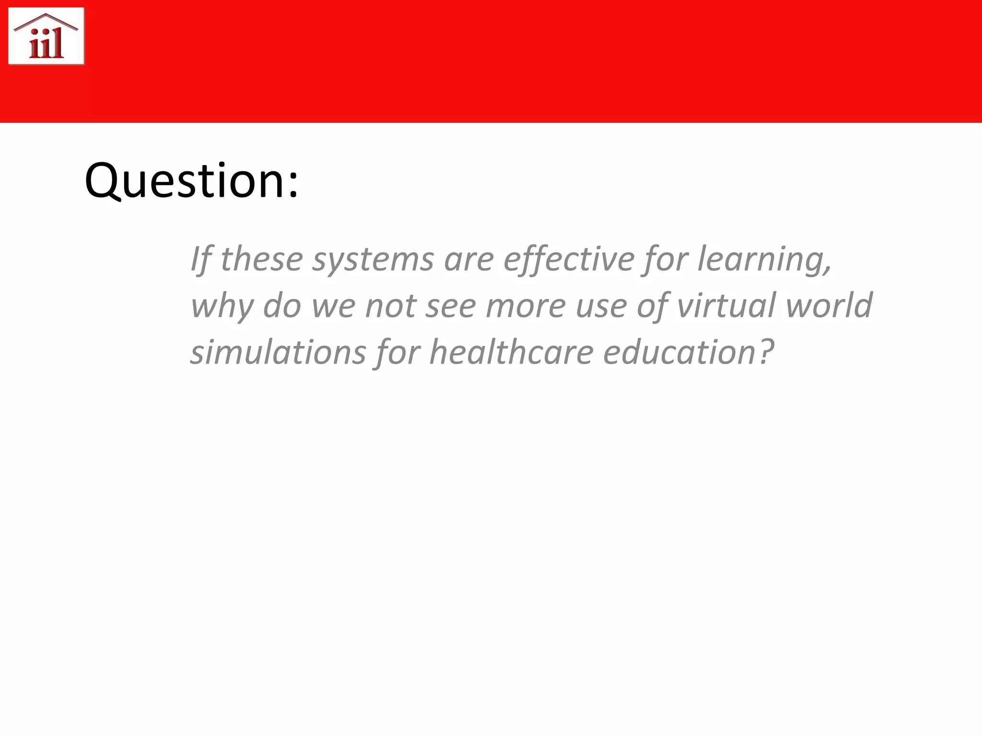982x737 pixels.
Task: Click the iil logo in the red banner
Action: click(47, 36)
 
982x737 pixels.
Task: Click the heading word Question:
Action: click(191, 181)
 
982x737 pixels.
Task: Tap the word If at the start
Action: click(200, 260)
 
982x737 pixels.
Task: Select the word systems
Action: click(373, 260)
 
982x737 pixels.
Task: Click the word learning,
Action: click(764, 260)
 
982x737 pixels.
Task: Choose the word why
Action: click(222, 306)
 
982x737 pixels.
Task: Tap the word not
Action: click(391, 306)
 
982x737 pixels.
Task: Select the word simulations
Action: click(279, 352)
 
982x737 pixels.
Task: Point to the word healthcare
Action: click(511, 352)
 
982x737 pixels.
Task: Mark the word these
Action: click(261, 260)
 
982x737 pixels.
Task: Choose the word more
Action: click(526, 306)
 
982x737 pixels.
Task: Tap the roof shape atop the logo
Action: click(46, 20)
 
